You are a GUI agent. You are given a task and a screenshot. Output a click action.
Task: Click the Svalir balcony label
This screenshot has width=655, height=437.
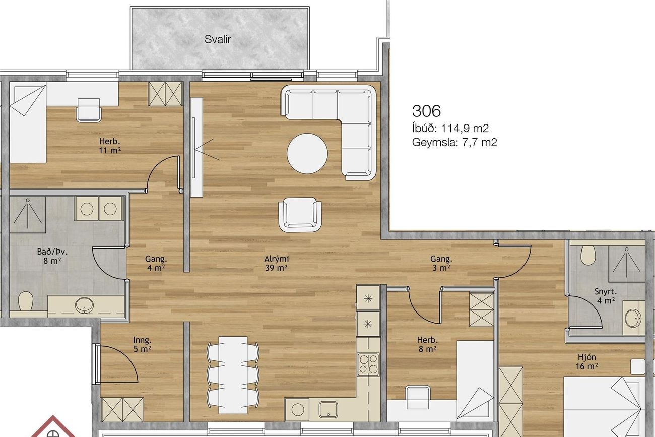(218, 39)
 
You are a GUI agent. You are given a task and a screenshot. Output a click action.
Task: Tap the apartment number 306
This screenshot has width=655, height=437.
(426, 111)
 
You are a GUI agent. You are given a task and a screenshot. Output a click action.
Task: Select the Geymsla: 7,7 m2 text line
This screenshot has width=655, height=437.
(454, 143)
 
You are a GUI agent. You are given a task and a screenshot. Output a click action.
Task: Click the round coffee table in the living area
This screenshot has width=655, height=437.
(307, 154)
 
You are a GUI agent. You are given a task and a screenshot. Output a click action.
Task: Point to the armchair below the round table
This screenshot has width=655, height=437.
(300, 215)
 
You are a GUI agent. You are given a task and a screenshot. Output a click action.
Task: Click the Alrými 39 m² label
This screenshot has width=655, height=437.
(276, 263)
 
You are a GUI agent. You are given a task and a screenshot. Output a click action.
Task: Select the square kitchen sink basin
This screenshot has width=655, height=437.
(329, 409)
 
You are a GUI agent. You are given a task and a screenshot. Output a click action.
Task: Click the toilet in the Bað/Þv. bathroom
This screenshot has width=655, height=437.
(25, 301)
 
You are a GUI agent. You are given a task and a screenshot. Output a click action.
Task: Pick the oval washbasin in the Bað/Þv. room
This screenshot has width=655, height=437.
(84, 305)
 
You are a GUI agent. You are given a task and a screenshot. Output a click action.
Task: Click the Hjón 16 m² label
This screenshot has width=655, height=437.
(586, 361)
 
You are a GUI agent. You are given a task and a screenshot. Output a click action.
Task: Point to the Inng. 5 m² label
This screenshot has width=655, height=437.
(142, 345)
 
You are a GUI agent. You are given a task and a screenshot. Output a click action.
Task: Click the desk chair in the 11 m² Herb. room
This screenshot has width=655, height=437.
(89, 110)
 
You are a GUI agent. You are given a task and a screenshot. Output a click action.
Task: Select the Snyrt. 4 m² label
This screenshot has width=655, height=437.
(605, 296)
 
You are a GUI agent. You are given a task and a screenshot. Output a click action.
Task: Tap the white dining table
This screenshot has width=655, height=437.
(233, 375)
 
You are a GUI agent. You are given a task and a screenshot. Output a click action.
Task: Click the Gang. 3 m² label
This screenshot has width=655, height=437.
(441, 263)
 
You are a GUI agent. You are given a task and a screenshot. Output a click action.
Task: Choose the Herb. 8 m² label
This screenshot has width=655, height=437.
(427, 345)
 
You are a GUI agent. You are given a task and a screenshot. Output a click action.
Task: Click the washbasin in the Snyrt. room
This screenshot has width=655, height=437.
(632, 318)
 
